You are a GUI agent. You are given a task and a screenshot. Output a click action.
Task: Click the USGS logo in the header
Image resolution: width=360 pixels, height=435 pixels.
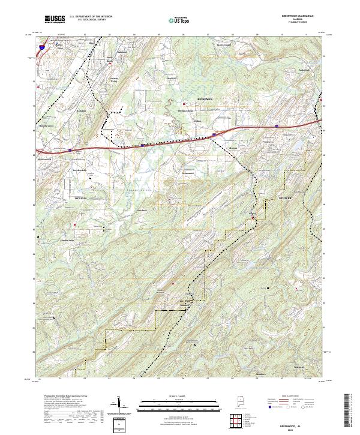coord(55,19)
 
